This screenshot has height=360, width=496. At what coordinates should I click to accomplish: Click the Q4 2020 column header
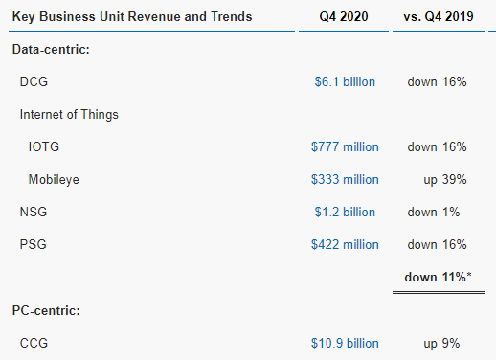click(x=344, y=16)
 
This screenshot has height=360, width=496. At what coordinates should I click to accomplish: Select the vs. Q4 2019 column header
click(x=439, y=16)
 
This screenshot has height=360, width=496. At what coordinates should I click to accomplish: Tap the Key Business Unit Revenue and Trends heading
click(x=132, y=17)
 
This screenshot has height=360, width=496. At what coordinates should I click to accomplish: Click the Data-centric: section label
click(x=51, y=50)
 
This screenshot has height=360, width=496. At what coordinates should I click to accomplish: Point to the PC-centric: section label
click(x=46, y=310)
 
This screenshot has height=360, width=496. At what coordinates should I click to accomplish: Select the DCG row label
click(x=34, y=82)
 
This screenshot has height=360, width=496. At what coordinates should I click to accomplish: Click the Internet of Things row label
click(x=69, y=115)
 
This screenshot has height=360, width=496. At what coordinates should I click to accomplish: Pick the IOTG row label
click(x=44, y=147)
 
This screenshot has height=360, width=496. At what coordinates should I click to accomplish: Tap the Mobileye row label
click(x=54, y=180)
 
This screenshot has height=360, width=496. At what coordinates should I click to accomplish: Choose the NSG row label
click(x=34, y=213)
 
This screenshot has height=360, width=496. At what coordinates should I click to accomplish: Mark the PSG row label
click(x=33, y=245)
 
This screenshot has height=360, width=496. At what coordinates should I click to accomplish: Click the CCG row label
click(x=34, y=344)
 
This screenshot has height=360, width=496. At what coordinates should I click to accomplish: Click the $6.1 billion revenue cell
click(x=345, y=82)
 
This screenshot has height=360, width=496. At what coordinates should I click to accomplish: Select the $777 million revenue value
click(x=345, y=147)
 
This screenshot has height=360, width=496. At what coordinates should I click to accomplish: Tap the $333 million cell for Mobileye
click(x=345, y=180)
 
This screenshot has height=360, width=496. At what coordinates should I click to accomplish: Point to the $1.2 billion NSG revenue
click(x=345, y=213)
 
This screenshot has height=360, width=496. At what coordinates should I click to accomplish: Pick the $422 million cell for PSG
click(x=345, y=245)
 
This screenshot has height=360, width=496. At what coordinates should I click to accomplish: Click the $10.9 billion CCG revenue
click(x=345, y=344)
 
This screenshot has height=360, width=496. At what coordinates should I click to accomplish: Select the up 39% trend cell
click(x=445, y=180)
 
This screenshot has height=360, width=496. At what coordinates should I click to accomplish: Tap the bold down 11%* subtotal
click(x=438, y=278)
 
